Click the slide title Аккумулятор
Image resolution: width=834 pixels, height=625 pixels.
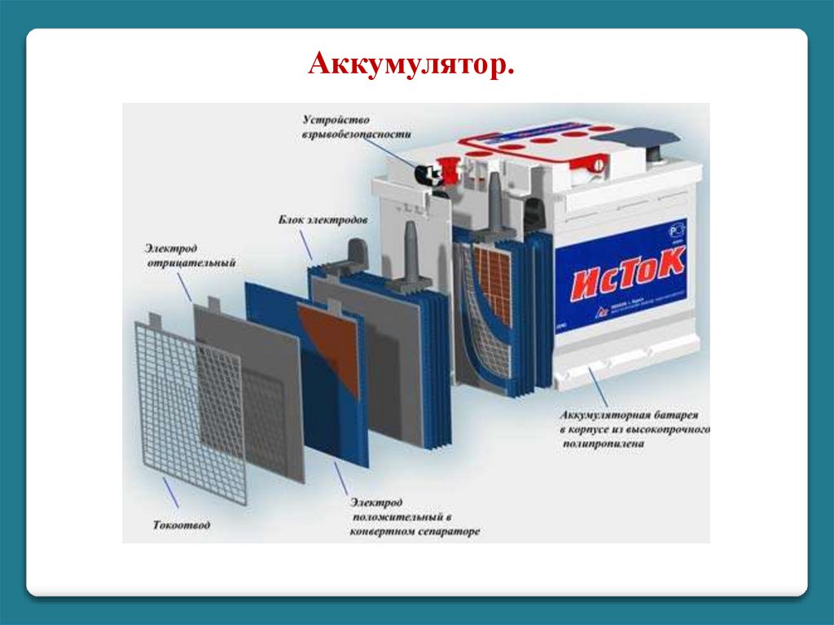tap(411, 65)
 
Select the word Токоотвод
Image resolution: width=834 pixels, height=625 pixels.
tap(181, 525)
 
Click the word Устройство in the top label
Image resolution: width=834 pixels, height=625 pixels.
tap(328, 121)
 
